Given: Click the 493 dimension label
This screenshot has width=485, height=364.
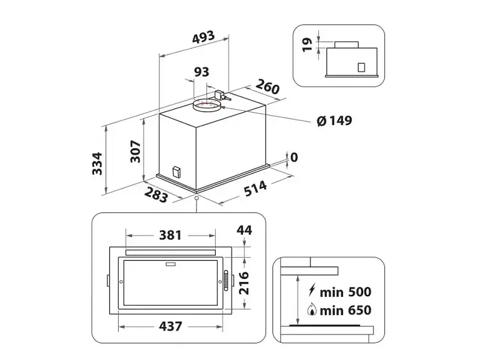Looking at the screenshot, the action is click(x=203, y=37).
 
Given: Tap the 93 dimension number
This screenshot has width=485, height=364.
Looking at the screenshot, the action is click(x=201, y=72).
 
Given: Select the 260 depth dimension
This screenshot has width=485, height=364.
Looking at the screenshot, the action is click(x=267, y=86).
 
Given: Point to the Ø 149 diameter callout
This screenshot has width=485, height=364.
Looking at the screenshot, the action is click(x=335, y=120).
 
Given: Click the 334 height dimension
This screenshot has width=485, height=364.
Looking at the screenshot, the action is click(x=97, y=163).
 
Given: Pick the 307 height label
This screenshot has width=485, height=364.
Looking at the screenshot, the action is click(x=135, y=151).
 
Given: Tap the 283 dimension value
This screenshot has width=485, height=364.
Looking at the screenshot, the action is click(x=156, y=195).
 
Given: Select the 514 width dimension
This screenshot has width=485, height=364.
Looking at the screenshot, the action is click(x=255, y=188).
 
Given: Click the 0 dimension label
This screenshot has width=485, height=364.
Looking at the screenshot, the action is click(x=294, y=157).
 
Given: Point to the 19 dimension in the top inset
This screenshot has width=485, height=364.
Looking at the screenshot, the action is click(x=307, y=44).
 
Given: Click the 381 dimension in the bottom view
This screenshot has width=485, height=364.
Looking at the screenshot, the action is click(x=170, y=235).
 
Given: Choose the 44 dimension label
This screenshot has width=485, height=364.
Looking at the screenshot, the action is click(x=244, y=230).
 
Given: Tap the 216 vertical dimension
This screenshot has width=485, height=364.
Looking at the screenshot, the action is click(x=244, y=283).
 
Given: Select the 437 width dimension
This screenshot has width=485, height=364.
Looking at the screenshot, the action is click(x=170, y=326).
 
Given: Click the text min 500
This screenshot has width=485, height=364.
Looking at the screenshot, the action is click(x=346, y=292).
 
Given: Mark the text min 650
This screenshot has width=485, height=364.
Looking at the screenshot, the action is click(x=346, y=310).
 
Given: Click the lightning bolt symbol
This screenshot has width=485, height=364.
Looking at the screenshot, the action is click(x=312, y=290).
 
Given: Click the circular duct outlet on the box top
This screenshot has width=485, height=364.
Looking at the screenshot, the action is click(x=206, y=105).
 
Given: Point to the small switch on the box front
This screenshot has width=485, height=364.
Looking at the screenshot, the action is click(x=176, y=172).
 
